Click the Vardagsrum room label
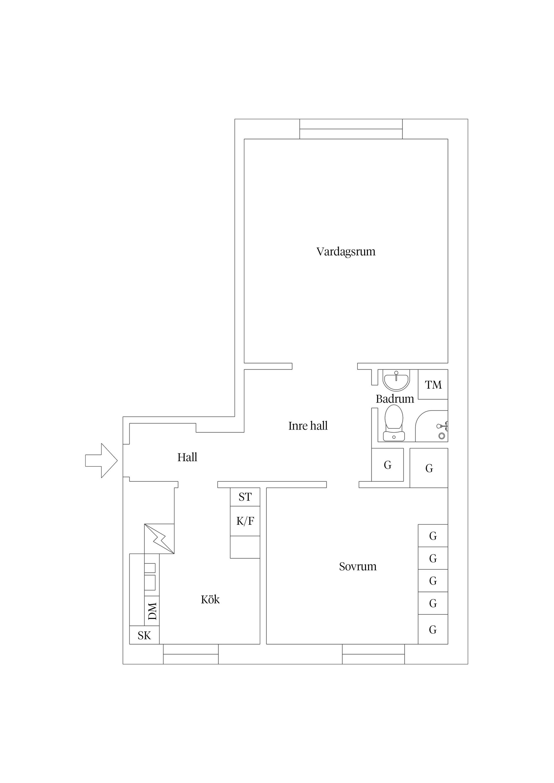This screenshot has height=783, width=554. (345, 252)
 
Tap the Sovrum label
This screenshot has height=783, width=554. (358, 566)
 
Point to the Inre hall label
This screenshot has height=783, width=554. (308, 426)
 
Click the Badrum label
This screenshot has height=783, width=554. (395, 399)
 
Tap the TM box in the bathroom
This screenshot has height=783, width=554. (433, 385)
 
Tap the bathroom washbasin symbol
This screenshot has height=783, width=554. (396, 380)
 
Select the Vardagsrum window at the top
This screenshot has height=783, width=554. (351, 129)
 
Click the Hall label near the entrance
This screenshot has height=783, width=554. (187, 457)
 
